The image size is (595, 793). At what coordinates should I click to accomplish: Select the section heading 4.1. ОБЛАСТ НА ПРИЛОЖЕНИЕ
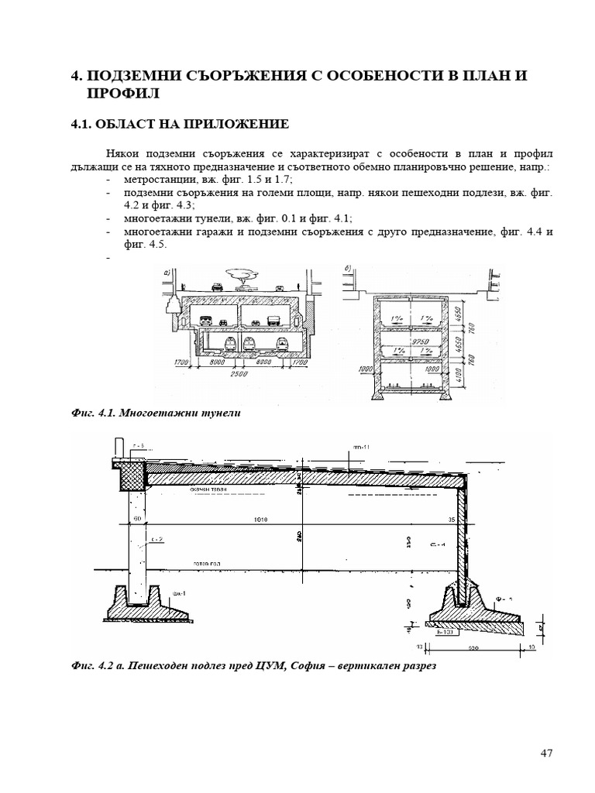pyautogui.click(x=180, y=124)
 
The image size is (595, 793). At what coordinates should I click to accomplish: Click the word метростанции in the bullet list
pyautogui.click(x=156, y=179)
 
